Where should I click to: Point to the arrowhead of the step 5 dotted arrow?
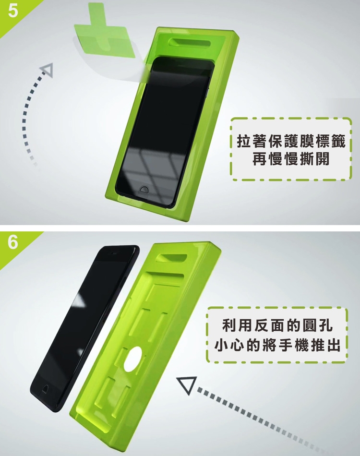pos(47,70)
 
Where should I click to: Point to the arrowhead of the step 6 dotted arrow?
pos(186,384)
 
